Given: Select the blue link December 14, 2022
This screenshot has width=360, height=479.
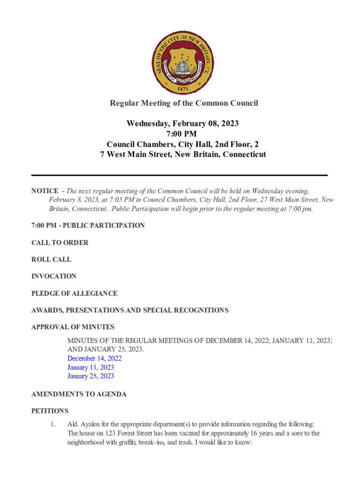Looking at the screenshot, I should point(94,358).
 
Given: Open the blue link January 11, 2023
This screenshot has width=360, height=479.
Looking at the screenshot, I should point(91,367).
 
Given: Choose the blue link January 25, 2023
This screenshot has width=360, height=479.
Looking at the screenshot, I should point(91,376).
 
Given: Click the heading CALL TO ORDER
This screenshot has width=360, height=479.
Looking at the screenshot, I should point(60,243).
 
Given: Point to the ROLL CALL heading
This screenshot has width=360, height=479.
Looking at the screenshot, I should point(51,260).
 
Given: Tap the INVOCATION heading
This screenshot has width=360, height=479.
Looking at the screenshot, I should point(54,276).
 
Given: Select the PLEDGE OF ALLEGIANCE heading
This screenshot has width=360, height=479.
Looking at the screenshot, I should point(74,293).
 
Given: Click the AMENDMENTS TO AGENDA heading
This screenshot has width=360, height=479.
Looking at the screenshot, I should point(79,394).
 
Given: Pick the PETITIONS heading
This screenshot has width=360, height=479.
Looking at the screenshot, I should point(50,411).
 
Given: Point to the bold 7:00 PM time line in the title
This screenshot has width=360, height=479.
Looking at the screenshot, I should point(183,134).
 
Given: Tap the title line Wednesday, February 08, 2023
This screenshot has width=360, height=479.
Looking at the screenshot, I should point(183,123).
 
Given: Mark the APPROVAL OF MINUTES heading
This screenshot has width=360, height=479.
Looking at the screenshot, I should point(73,327).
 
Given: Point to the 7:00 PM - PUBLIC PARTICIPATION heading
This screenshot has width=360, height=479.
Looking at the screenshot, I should point(88,225).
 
